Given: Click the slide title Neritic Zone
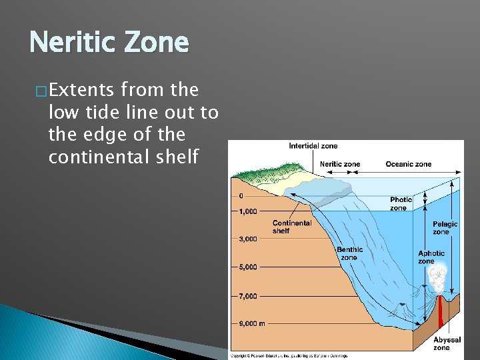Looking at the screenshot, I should (109, 43).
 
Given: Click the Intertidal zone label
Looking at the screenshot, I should (313, 146).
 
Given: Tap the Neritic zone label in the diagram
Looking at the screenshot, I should (339, 164).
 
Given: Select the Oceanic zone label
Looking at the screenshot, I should (408, 164).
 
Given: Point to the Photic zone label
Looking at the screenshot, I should (401, 203).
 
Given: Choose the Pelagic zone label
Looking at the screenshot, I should (445, 228).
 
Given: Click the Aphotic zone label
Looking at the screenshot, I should (431, 257).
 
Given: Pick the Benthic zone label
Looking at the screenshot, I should (349, 253).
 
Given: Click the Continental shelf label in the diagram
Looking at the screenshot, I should (291, 227).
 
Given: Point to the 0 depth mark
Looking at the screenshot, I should (241, 196).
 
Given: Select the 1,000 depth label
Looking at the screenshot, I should (247, 212).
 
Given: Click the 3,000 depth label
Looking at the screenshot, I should (247, 239).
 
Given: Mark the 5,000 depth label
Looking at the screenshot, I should (247, 267).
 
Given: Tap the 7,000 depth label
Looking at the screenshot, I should (247, 296).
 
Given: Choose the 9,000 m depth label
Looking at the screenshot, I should (251, 324).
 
